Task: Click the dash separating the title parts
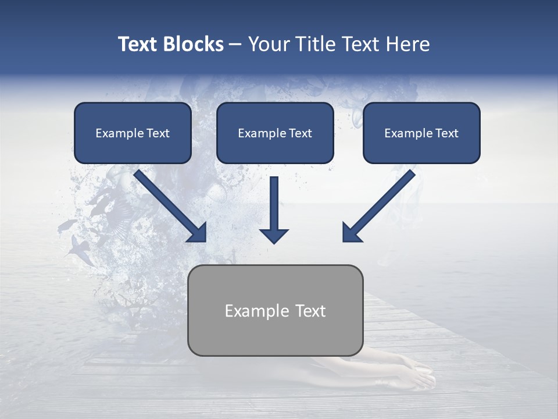click(x=235, y=45)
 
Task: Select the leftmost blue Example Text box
click(x=133, y=133)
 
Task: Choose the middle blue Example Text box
click(x=275, y=133)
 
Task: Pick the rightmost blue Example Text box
click(x=421, y=133)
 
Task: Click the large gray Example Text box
click(x=275, y=310)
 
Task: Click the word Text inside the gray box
click(x=310, y=311)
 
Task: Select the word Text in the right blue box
click(x=446, y=133)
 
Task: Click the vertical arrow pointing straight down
click(x=274, y=207)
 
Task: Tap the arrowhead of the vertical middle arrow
click(x=274, y=236)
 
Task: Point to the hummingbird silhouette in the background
click(x=78, y=247)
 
